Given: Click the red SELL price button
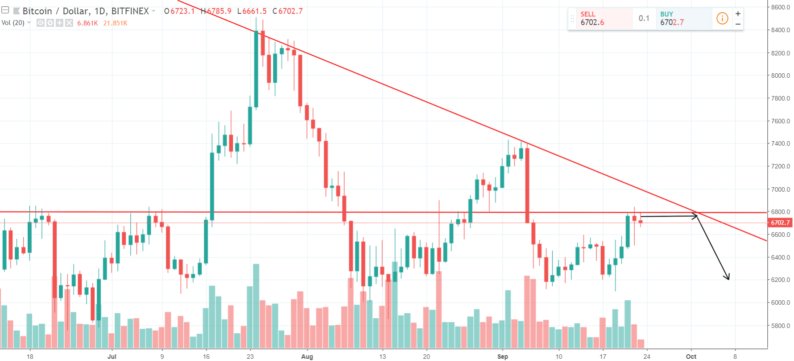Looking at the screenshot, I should coord(604,18).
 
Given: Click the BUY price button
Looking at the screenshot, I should coord(683,18).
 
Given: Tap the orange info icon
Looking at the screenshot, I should coord(722,18).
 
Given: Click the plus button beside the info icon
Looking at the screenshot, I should coord(738,13).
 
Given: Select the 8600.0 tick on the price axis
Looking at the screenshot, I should coord(781,7).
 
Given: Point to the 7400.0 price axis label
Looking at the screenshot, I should coord(781,143).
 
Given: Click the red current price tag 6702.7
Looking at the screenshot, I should coord(780,222).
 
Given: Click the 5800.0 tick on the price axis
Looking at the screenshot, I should coord(781,326).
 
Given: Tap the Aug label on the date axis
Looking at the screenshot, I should coord(307,357).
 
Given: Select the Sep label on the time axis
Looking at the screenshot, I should coord(503,357).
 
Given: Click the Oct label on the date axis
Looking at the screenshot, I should coord(691,357).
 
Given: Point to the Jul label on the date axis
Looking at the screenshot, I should coord(112,357).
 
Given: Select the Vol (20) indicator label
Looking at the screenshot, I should coord(13,23).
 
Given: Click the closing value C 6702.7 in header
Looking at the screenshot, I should coord(288,11).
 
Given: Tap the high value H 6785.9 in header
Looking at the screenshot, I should coord(216,11).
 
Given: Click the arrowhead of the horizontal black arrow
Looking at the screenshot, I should coord(696,216).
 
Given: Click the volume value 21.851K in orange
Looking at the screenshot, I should coord(115,23).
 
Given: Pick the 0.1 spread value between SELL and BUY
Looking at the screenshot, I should coord(644,18).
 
